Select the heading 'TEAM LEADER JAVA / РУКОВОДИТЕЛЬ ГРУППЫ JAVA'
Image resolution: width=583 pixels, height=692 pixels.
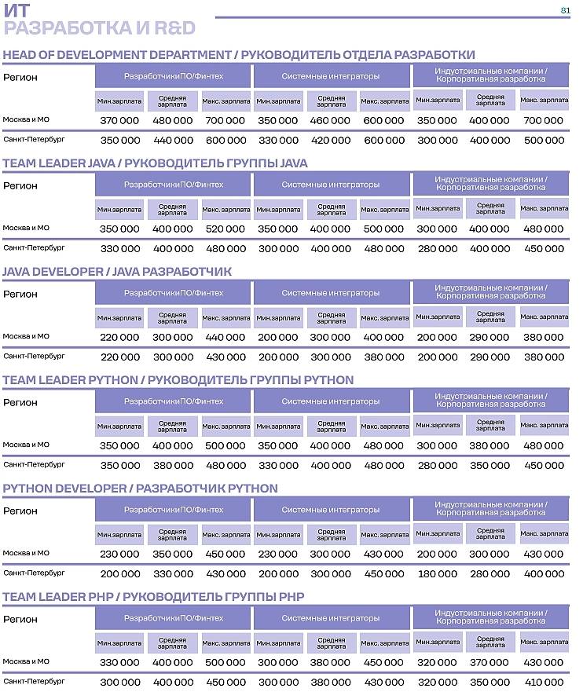pyautogui.click(x=155, y=163)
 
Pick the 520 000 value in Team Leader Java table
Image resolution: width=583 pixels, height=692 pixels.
pyautogui.click(x=225, y=229)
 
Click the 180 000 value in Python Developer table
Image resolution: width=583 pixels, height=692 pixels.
pyautogui.click(x=437, y=574)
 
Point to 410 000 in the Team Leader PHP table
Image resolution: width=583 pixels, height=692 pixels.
pyautogui.click(x=544, y=683)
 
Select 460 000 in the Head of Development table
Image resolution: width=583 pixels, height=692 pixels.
pyautogui.click(x=332, y=121)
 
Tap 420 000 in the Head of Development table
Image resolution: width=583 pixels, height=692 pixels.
pyautogui.click(x=332, y=141)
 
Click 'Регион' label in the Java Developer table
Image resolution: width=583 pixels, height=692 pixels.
pyautogui.click(x=20, y=295)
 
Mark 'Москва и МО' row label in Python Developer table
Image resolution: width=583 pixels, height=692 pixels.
pyautogui.click(x=26, y=553)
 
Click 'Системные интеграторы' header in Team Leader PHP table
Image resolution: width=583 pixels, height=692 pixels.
pyautogui.click(x=331, y=619)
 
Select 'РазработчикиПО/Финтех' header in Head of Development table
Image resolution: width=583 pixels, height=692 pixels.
pyautogui.click(x=173, y=77)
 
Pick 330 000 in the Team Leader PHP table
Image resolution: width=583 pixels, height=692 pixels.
pyautogui.click(x=120, y=663)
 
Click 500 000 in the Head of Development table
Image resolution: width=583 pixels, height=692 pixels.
pyautogui.click(x=544, y=141)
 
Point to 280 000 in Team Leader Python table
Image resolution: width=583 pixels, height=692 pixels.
pyautogui.click(x=437, y=466)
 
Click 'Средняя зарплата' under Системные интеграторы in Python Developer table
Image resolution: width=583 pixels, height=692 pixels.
pyautogui.click(x=332, y=535)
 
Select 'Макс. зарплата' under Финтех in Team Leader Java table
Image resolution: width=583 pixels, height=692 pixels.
pyautogui.click(x=225, y=211)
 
